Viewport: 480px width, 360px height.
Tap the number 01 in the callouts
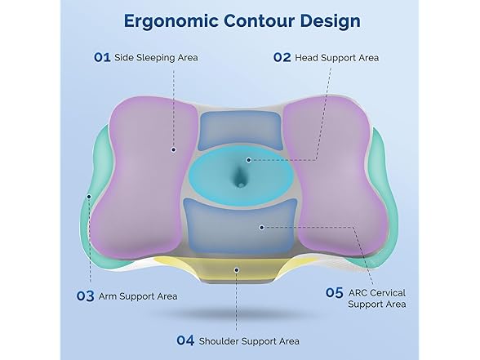tap(102, 58)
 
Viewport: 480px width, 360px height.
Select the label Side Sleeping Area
tap(157, 58)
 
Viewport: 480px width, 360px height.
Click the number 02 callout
tap(282, 58)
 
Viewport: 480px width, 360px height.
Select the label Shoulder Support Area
tap(248, 340)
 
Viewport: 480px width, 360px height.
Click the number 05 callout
tap(335, 291)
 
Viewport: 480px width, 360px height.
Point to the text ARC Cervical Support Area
tap(377, 298)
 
